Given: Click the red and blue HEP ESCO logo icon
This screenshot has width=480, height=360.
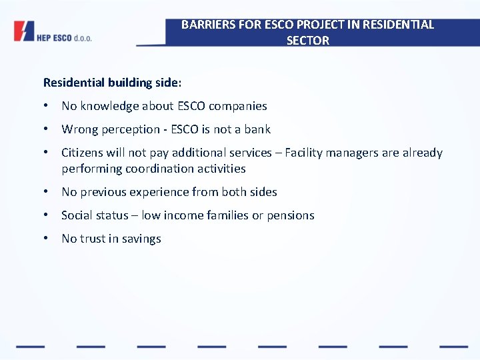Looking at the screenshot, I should click(x=23, y=31).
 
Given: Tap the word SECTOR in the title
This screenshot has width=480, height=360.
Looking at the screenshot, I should click(x=307, y=41).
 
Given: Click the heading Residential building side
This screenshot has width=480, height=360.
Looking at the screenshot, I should click(x=112, y=83).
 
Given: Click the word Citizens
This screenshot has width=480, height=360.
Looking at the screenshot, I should click(x=83, y=153).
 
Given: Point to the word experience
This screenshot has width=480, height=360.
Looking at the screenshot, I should click(x=161, y=192).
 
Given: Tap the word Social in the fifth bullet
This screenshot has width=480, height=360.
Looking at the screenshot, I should click(x=78, y=215).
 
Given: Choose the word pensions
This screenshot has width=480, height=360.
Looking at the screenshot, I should click(x=290, y=215).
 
